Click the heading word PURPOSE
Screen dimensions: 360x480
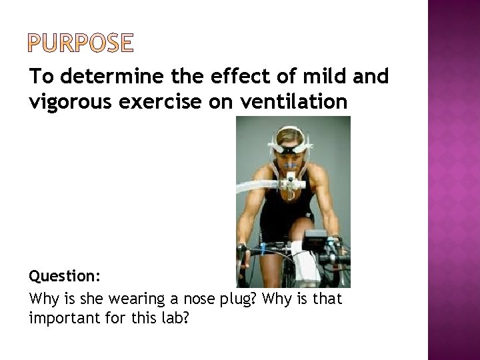[x=81, y=43]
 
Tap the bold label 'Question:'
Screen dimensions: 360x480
[x=62, y=276]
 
